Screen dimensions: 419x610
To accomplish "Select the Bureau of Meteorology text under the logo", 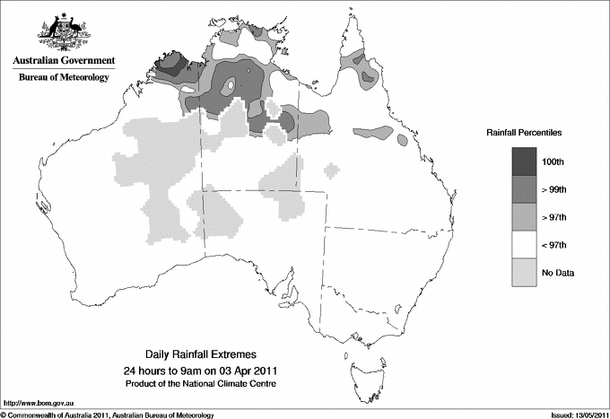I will tap(64, 78).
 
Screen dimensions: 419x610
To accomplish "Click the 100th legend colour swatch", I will tap(524, 161).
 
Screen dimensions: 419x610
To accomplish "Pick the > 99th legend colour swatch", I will tap(524, 189).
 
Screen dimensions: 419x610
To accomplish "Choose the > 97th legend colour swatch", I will tap(524, 217).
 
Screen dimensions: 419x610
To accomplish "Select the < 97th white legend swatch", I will tap(524, 245).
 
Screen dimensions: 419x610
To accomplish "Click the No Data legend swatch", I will tap(524, 272).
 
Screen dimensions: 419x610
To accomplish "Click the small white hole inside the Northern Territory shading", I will tap(231, 86).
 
